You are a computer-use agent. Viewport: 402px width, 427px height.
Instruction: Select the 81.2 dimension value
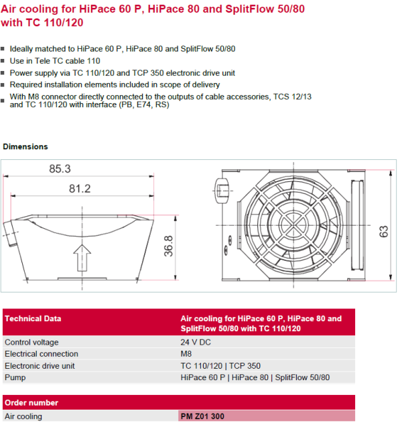point(79,189)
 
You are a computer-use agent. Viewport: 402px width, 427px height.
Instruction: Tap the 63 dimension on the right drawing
point(384,232)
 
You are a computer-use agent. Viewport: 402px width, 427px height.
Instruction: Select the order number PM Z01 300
point(202,416)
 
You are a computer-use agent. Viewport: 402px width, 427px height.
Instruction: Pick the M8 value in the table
point(186,354)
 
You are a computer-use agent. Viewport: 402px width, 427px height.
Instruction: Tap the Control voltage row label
point(31,342)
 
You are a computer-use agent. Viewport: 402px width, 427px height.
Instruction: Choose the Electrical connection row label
point(42,354)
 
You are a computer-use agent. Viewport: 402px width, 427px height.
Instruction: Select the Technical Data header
point(33,319)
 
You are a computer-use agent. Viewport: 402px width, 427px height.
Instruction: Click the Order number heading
point(31,403)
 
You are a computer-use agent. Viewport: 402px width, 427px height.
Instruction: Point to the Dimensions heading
point(25,147)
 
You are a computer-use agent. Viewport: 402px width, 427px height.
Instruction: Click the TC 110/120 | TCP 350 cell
point(220,366)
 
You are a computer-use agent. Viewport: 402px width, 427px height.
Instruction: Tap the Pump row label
point(15,377)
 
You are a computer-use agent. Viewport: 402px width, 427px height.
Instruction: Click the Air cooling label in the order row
point(23,416)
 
